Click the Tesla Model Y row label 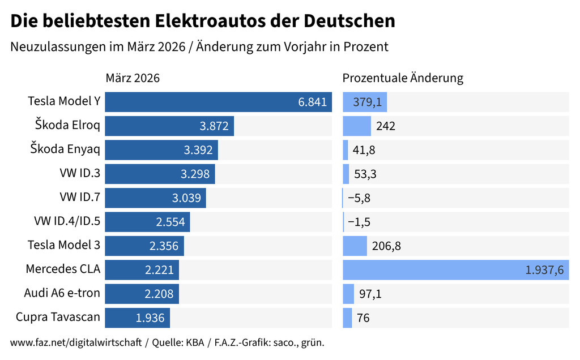(64, 101)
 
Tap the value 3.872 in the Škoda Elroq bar (214, 126)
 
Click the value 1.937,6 (544, 270)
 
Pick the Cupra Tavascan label (58, 317)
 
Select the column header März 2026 (133, 78)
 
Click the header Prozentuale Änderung (403, 78)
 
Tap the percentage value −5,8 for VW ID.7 (359, 198)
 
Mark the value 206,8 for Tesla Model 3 (386, 246)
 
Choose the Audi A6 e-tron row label (62, 293)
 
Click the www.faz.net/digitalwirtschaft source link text (76, 343)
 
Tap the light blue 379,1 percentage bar (365, 102)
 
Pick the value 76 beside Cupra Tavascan (363, 318)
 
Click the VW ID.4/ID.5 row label (67, 221)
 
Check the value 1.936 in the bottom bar (150, 318)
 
